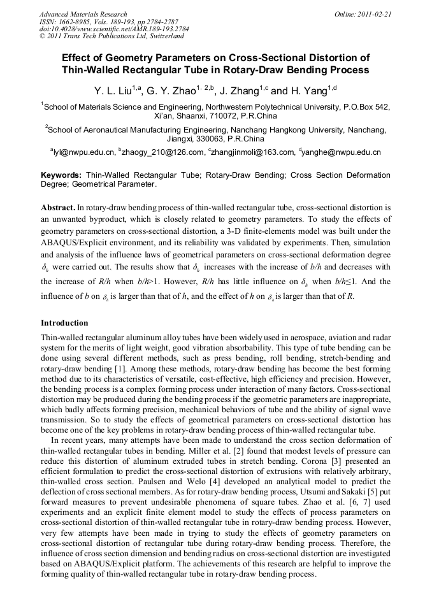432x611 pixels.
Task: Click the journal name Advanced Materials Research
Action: [x=83, y=13]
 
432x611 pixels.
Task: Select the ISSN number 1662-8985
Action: [x=79, y=22]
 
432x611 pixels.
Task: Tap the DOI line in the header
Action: [x=113, y=29]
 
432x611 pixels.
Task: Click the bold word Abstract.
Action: [x=57, y=208]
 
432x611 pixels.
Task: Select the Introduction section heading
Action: [x=64, y=323]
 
